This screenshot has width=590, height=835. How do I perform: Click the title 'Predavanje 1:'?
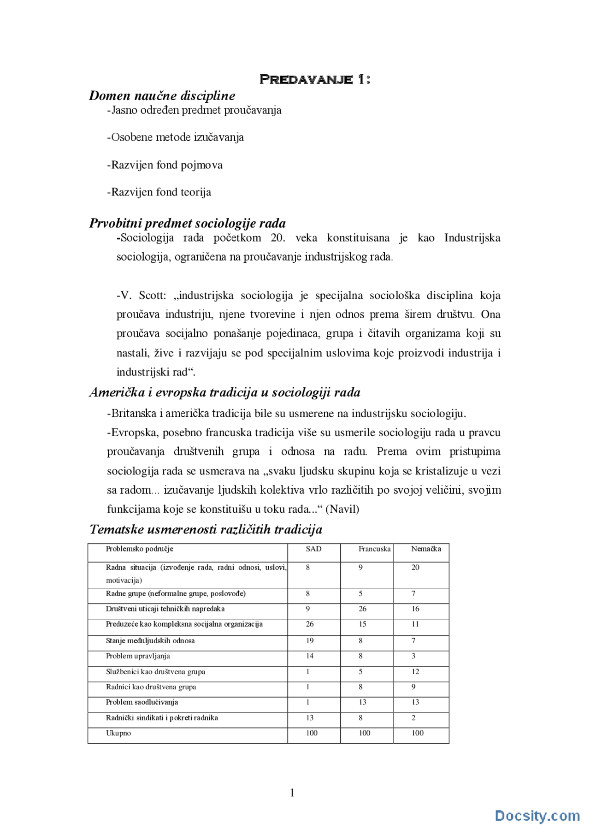pos(315,79)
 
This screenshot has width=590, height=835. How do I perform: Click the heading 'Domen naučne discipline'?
pos(162,95)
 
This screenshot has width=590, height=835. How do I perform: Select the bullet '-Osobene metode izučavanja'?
pos(175,137)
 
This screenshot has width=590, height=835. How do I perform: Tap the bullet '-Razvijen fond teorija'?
pos(159,192)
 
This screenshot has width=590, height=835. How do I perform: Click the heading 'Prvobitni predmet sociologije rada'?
pos(187,224)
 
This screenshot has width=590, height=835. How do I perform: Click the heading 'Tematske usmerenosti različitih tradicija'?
pos(206,529)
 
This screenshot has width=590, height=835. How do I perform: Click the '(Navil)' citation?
pos(342,509)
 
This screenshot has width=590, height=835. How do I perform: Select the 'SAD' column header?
pos(313,549)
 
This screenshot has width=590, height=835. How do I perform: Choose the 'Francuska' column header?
pos(374,549)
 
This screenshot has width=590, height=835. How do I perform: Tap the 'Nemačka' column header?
pos(426,549)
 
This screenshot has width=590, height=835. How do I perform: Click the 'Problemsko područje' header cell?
pos(139,549)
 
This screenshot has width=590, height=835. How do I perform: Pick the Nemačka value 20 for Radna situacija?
pos(415,568)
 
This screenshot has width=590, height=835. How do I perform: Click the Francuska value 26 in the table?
pos(363,609)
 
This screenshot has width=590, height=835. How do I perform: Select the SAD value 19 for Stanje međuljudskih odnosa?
pos(310,641)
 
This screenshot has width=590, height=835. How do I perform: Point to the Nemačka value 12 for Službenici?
pos(415,672)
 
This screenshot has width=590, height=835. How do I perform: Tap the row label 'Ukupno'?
pos(118,733)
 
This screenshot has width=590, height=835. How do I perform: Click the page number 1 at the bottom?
pos(292,793)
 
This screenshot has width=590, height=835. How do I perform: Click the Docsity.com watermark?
pos(537,816)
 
